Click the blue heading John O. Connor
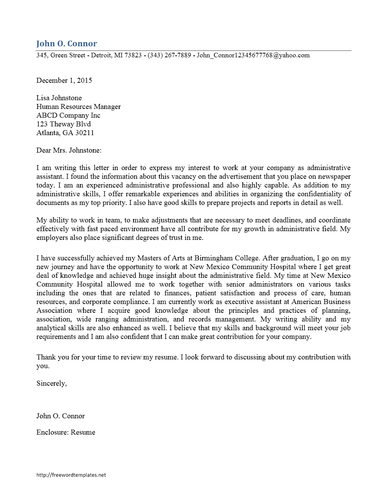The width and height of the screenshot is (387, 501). click(67, 44)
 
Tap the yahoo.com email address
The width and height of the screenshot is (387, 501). click(253, 55)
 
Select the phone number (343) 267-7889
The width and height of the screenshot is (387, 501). click(169, 55)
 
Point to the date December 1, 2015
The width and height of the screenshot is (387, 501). click(64, 80)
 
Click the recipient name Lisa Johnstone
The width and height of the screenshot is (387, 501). click(59, 98)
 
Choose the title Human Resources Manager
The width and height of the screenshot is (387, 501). click(79, 107)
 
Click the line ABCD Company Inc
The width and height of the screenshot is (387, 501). click(68, 115)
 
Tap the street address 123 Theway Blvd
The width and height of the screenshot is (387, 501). click(63, 124)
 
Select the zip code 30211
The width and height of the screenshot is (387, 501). click(85, 133)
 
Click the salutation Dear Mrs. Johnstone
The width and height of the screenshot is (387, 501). click(69, 150)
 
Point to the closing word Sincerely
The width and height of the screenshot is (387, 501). click(51, 383)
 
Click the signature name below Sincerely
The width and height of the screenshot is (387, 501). click(60, 416)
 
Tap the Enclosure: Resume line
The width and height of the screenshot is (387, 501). click(66, 432)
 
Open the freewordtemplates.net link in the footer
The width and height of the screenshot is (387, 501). click(71, 475)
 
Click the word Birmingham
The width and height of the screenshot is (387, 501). click(214, 258)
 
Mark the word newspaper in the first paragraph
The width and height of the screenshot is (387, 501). click(334, 176)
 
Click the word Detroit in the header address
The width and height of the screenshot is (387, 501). click(101, 55)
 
